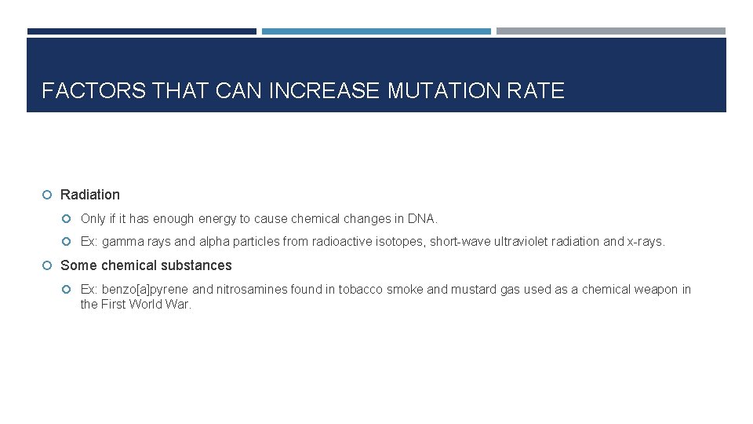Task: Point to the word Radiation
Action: [x=90, y=195]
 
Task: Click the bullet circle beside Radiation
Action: [x=49, y=195]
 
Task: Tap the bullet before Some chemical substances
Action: [x=49, y=265]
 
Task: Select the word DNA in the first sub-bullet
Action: [x=421, y=218]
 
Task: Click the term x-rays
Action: [x=646, y=242]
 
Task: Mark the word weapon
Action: [x=660, y=290]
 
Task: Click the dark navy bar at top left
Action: [x=141, y=31]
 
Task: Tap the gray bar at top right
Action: [x=611, y=31]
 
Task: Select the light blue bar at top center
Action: [x=376, y=31]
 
